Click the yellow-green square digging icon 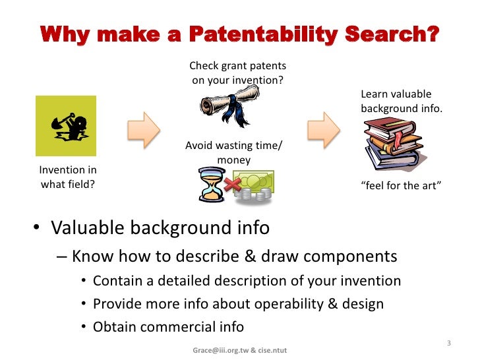(65, 126)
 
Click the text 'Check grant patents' (237, 66)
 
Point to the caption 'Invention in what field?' (68, 178)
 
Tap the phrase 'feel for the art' (401, 185)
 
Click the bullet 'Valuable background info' (160, 228)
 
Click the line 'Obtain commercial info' (168, 326)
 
